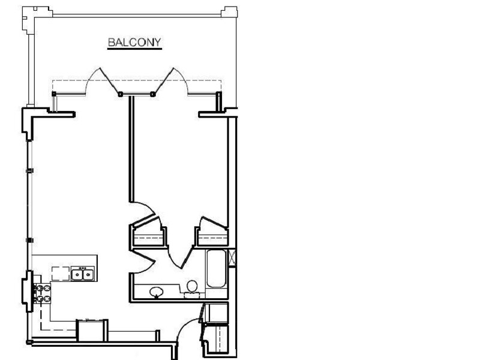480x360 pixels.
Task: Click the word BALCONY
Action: pyautogui.click(x=134, y=42)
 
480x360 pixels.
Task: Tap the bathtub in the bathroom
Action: pyautogui.click(x=217, y=268)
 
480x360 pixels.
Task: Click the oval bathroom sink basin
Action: pyautogui.click(x=157, y=292)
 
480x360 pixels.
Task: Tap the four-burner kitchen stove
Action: pyautogui.click(x=43, y=293)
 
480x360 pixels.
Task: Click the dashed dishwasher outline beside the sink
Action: pyautogui.click(x=61, y=274)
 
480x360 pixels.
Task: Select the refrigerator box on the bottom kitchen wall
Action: pyautogui.click(x=92, y=331)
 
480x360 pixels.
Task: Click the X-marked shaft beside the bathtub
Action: pyautogui.click(x=232, y=258)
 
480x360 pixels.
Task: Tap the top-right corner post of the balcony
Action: pyautogui.click(x=229, y=11)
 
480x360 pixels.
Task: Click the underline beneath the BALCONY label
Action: pyautogui.click(x=134, y=49)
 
